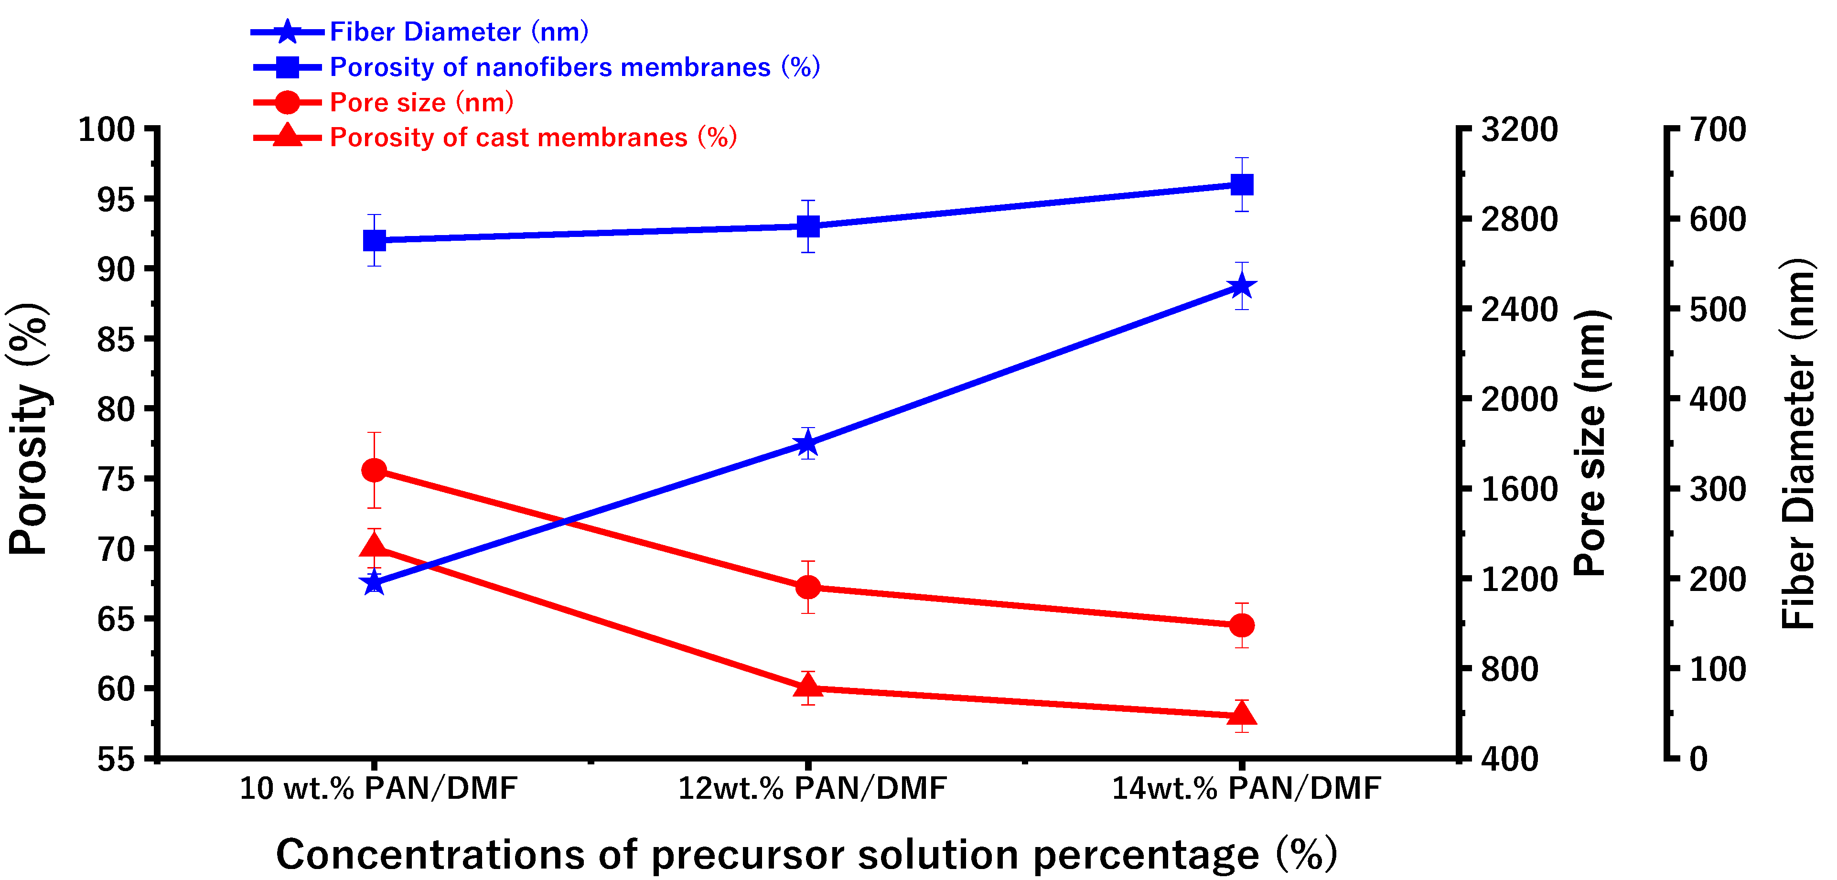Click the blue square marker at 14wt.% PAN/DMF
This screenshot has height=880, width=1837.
coord(1242,185)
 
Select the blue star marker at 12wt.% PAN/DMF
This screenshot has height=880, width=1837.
coord(807,443)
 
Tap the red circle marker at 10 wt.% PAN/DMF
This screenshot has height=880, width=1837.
coord(375,470)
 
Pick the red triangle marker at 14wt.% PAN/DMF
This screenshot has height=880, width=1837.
coord(1242,713)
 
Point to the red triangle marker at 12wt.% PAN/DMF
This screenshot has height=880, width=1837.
coord(807,686)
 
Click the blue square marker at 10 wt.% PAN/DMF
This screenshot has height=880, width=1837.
coord(375,240)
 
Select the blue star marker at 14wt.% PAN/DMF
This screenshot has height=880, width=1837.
coord(1242,287)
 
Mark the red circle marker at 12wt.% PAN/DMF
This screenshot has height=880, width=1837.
coord(807,587)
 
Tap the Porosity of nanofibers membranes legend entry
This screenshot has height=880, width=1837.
coord(574,67)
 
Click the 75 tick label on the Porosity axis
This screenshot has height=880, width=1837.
coord(116,479)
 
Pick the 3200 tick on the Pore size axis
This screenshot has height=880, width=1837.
coord(1519,130)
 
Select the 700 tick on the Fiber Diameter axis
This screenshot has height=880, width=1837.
coord(1717,130)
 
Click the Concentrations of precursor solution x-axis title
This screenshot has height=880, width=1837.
coord(806,854)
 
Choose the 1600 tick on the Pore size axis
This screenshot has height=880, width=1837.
coord(1519,489)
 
